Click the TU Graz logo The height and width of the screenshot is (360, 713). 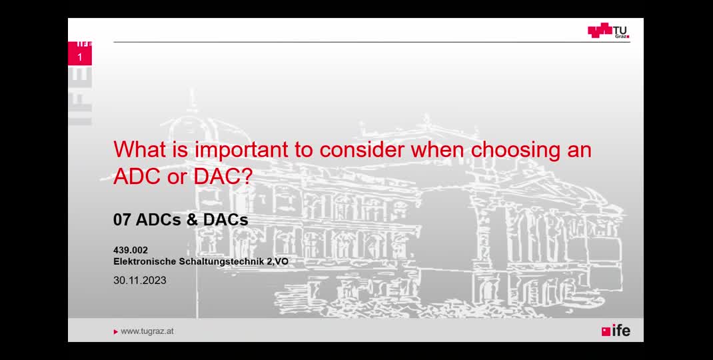608,31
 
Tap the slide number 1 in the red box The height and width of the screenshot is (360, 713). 80,57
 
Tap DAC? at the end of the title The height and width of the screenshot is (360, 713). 223,177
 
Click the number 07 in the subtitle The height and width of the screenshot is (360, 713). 122,220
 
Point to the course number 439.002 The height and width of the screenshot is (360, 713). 131,250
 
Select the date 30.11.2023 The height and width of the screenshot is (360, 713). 139,281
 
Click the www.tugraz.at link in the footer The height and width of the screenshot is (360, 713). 147,332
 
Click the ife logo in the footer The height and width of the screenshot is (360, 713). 616,331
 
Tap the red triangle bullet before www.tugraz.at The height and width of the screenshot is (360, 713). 116,332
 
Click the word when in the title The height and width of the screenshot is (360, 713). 437,149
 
